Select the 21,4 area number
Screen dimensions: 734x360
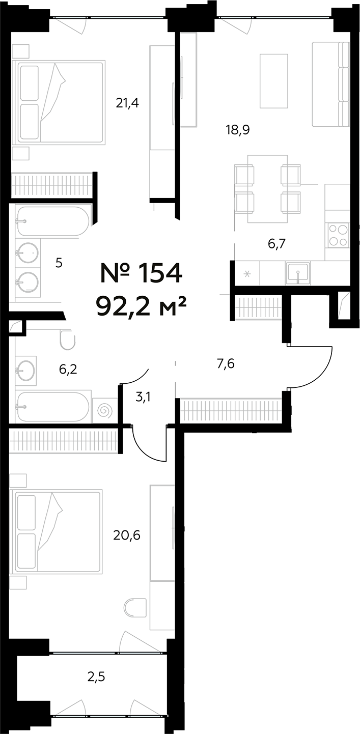[127, 103]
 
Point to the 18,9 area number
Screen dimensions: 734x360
[238, 129]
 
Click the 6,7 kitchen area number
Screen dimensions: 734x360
[276, 244]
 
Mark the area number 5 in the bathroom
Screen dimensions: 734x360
[59, 264]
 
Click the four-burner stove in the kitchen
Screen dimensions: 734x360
[338, 235]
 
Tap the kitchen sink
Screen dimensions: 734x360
[297, 273]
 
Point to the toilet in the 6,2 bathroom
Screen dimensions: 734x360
[67, 340]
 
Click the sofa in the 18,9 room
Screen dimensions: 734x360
[331, 84]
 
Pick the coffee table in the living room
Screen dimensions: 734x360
[273, 81]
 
